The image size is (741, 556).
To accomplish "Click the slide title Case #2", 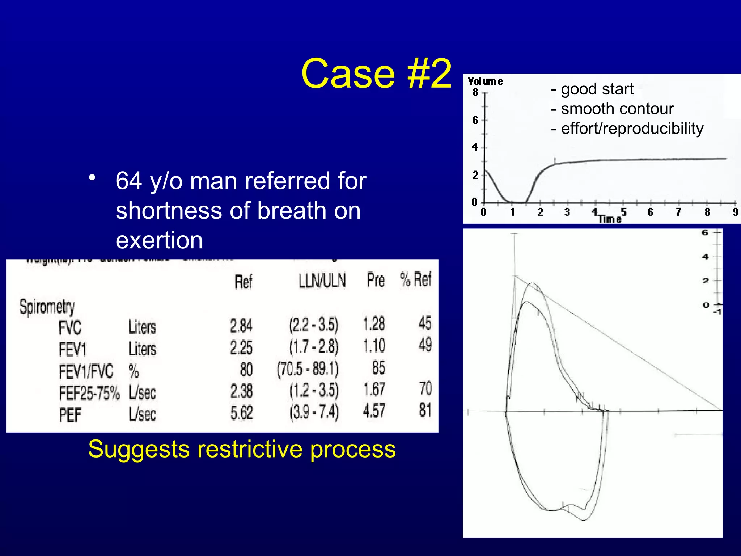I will pyautogui.click(x=376, y=74).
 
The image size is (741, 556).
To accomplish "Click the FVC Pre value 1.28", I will pyautogui.click(x=374, y=324).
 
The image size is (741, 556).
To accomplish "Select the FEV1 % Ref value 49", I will pyautogui.click(x=425, y=344).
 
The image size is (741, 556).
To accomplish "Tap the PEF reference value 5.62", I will pyautogui.click(x=242, y=413).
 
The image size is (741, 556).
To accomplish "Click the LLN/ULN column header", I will pyautogui.click(x=322, y=281).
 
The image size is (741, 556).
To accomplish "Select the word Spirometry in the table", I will pyautogui.click(x=47, y=307).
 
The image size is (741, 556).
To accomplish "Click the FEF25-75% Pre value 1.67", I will pyautogui.click(x=374, y=389).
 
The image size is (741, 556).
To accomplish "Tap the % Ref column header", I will pyautogui.click(x=416, y=279).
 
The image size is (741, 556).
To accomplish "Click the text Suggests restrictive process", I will pyautogui.click(x=242, y=449).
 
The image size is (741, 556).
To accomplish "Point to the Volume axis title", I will pyautogui.click(x=485, y=81).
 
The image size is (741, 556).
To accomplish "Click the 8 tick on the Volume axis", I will pyautogui.click(x=475, y=92).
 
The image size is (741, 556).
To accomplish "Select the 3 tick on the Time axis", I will pyautogui.click(x=567, y=212).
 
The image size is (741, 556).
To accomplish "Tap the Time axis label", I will pyautogui.click(x=609, y=219).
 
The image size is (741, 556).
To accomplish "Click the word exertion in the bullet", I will pyautogui.click(x=159, y=240).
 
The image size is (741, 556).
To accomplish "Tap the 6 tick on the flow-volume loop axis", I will pyautogui.click(x=705, y=232).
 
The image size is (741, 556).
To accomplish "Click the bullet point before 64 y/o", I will pyautogui.click(x=93, y=178).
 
